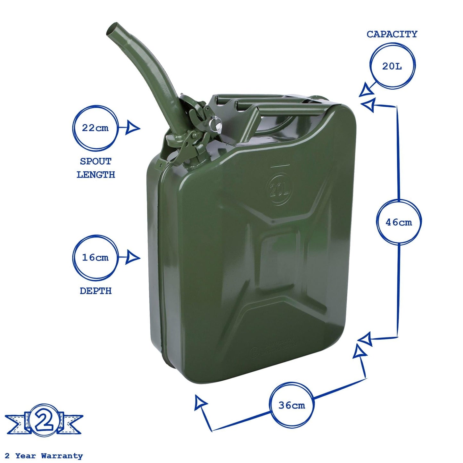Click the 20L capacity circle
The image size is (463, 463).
(392, 66)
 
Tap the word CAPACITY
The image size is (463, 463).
(392, 34)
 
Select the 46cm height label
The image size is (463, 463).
(399, 222)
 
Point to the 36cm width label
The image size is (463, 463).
(292, 405)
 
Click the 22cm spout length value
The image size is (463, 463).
(95, 128)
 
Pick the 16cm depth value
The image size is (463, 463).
(95, 258)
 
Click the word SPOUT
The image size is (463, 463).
(95, 161)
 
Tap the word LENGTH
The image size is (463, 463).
(95, 175)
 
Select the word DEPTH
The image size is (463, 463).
(95, 291)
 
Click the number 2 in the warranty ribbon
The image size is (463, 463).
(44, 420)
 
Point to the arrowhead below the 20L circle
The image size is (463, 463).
(366, 91)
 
